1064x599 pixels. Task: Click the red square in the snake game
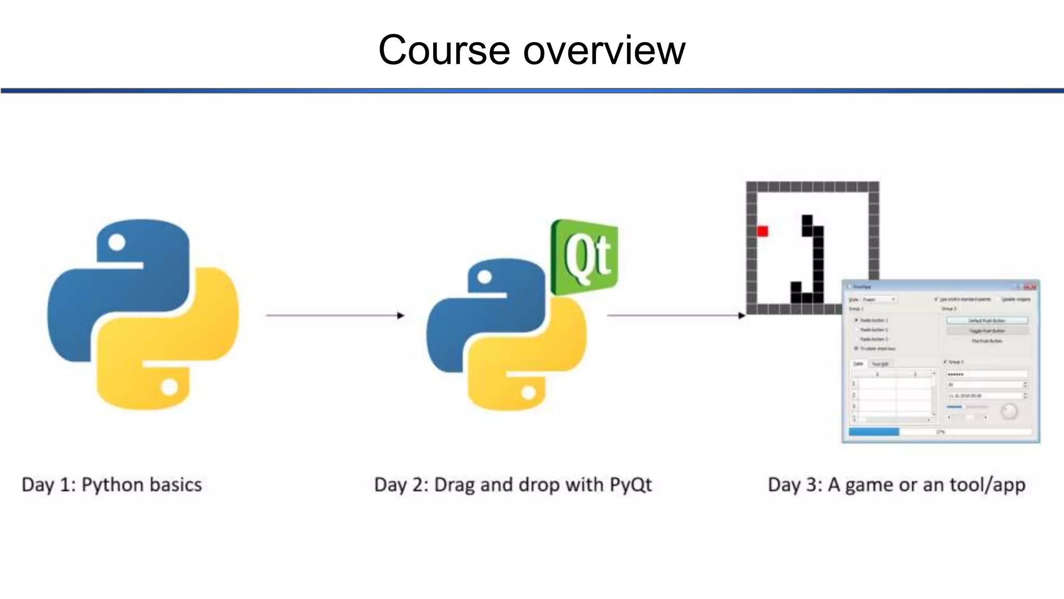point(762,231)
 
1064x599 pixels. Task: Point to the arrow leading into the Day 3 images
point(675,315)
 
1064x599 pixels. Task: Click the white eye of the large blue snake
point(117,242)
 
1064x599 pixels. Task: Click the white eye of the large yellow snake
point(169,386)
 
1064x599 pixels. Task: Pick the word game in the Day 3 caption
point(870,485)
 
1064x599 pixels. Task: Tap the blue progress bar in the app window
point(874,432)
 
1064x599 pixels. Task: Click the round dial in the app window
point(1009,412)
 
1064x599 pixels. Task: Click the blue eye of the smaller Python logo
point(484,277)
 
